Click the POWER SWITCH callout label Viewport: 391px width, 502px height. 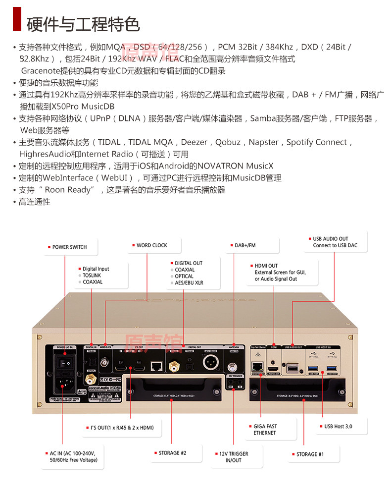(x=69, y=247)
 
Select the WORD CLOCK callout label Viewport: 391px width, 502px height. (x=152, y=245)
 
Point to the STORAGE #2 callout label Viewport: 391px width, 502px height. (x=172, y=453)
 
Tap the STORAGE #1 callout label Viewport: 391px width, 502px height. (x=310, y=454)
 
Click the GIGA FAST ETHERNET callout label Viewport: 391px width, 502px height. (x=265, y=430)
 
